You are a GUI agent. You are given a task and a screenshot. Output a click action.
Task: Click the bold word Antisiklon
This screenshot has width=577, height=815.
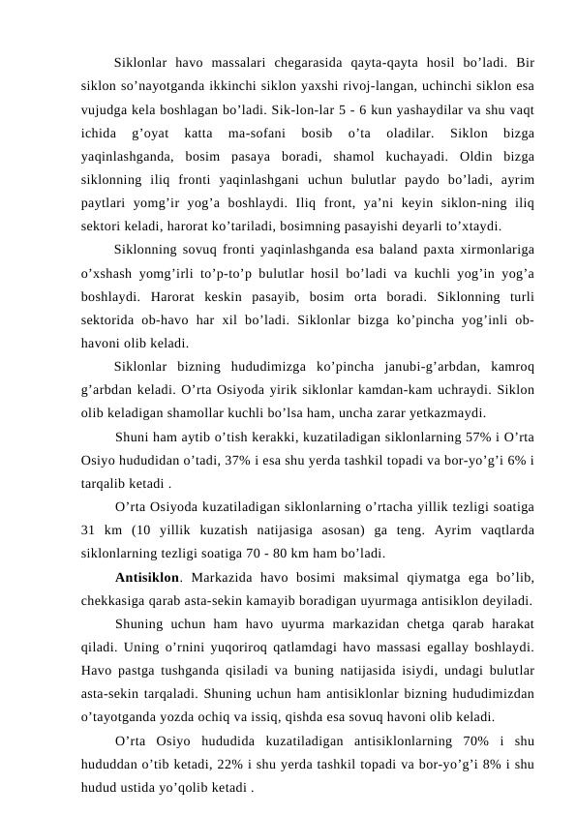click(x=149, y=579)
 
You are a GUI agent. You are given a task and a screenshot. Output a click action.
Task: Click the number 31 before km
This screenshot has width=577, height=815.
click(x=91, y=530)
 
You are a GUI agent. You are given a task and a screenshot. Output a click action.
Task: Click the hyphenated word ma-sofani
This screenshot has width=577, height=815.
click(x=254, y=132)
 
